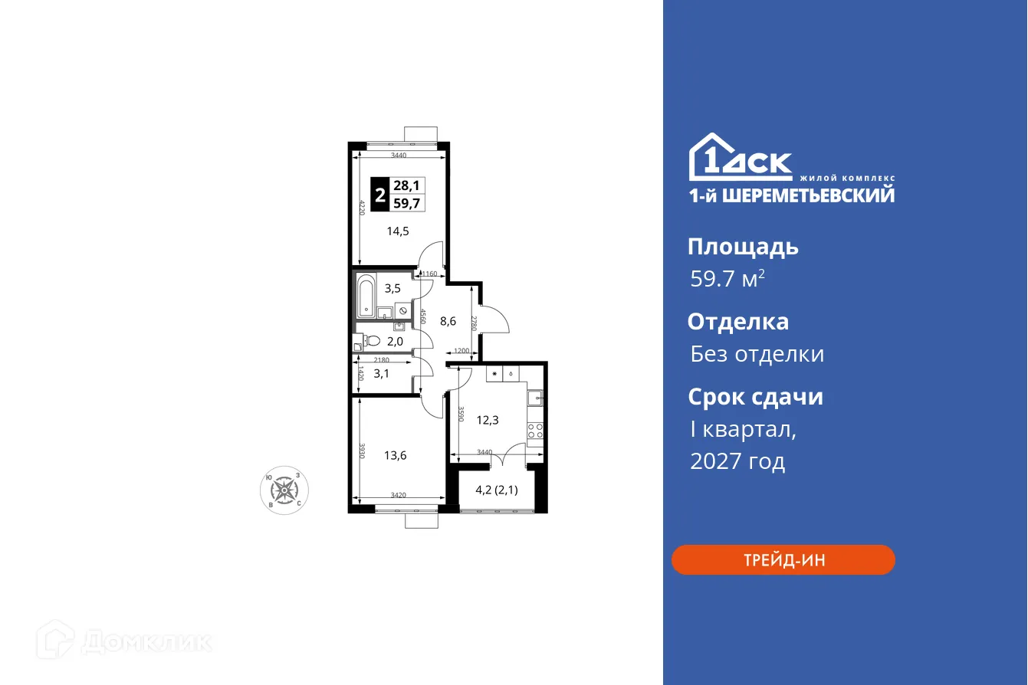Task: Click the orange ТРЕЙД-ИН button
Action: coord(783,559)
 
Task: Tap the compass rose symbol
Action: coord(287,490)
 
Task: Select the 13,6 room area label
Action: coord(396,455)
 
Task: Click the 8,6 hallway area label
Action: coord(448,322)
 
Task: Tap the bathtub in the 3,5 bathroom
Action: coord(366,295)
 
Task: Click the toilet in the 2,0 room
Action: coord(370,340)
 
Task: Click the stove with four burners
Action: coord(535,431)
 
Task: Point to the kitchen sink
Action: coord(536,398)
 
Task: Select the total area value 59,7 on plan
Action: coord(406,204)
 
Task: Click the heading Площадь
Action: coord(743,247)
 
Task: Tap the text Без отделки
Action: coord(757,354)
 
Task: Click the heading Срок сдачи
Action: coord(754,397)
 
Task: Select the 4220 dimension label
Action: coord(361,208)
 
